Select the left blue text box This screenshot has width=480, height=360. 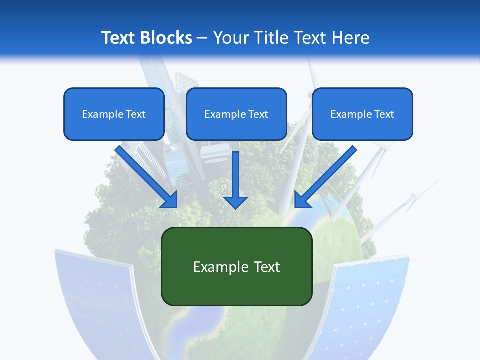pos(114,114)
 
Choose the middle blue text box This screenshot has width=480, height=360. pos(236,114)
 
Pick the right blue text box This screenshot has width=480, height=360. pos(362,114)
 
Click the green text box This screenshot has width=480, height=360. pos(236,266)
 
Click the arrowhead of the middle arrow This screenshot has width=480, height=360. pos(236,202)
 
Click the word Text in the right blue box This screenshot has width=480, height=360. pos(384,114)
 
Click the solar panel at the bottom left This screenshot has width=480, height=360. pos(95,300)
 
